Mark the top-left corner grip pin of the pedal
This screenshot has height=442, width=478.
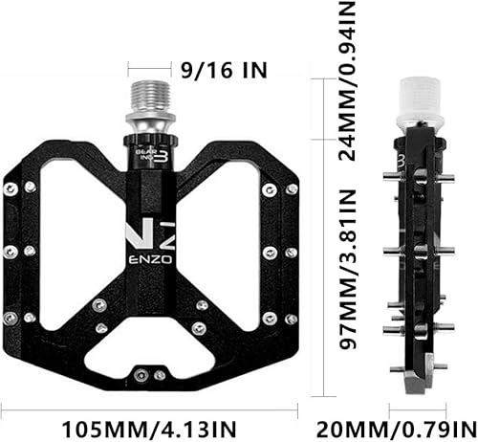click(x=11, y=188)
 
